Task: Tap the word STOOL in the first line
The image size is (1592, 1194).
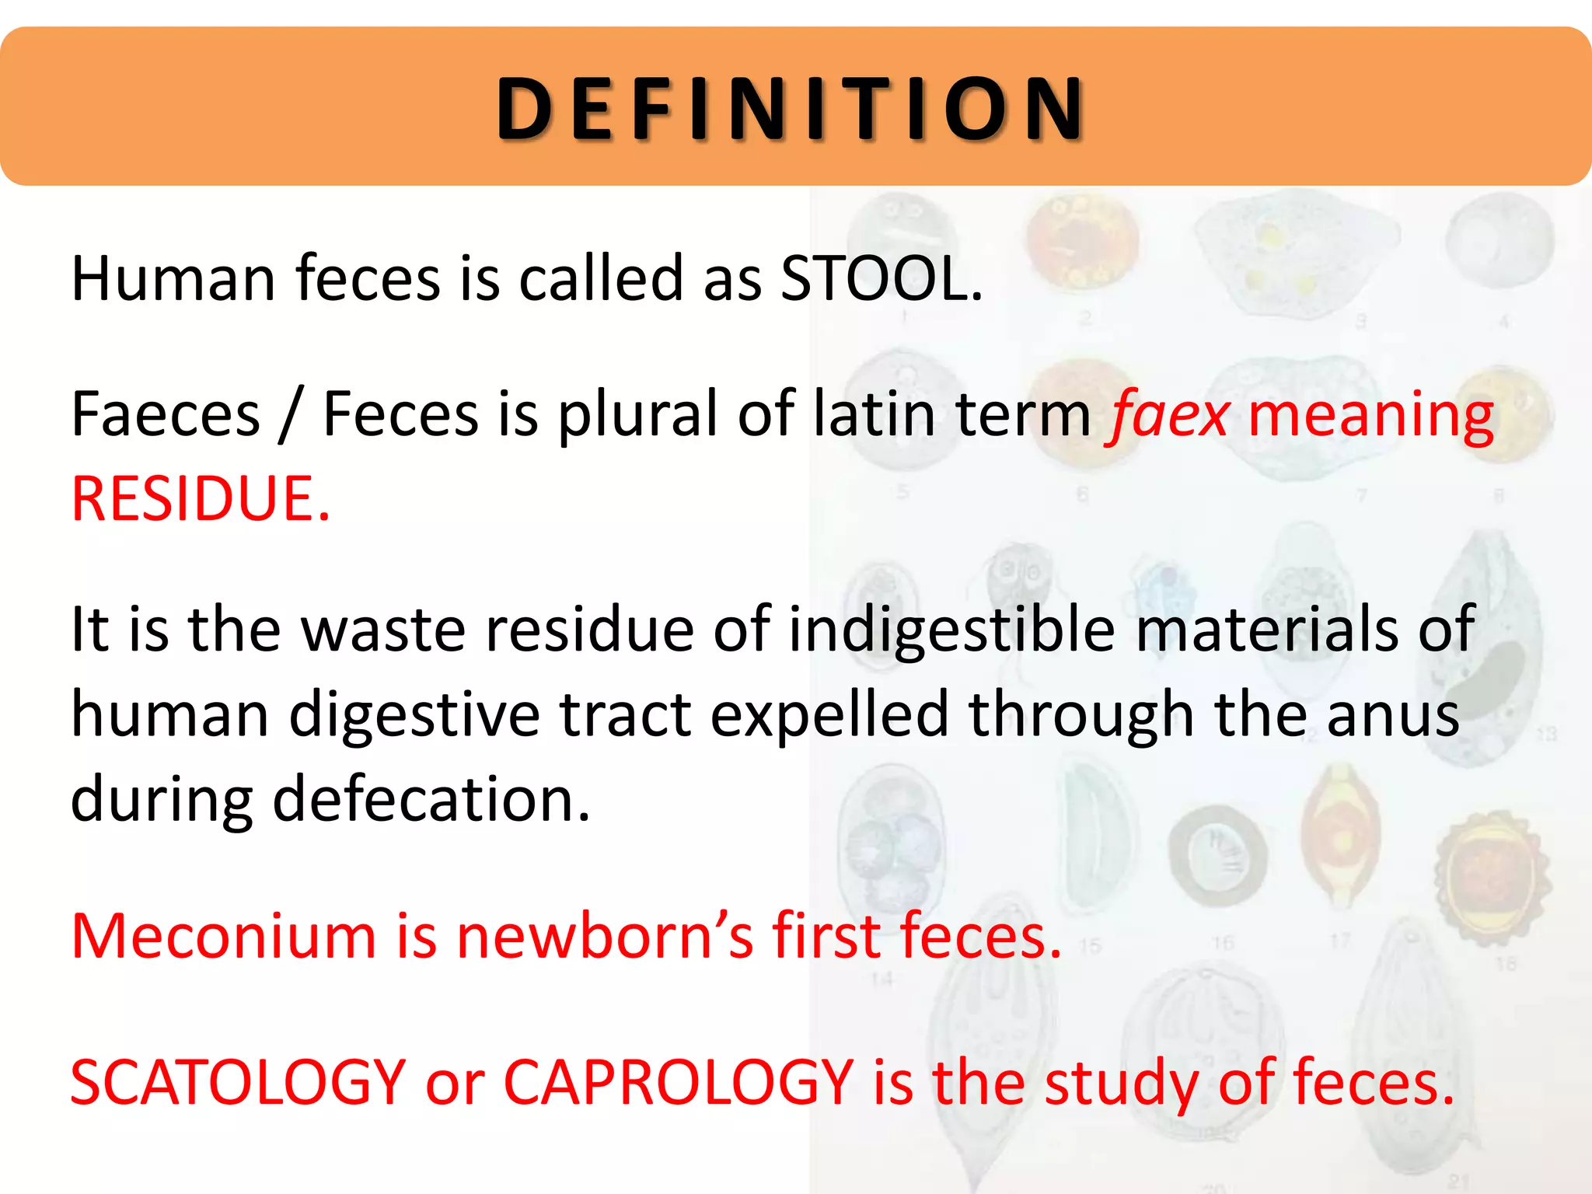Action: (881, 278)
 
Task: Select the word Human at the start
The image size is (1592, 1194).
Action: (173, 278)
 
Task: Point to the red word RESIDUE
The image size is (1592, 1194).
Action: (200, 499)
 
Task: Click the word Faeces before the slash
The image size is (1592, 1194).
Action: (165, 414)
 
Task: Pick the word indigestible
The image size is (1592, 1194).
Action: (951, 630)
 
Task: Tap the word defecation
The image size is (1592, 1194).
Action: (431, 799)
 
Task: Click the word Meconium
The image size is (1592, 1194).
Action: (224, 936)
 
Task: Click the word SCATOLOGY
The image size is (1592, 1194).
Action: (238, 1084)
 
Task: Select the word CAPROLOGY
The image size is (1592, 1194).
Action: (679, 1084)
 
